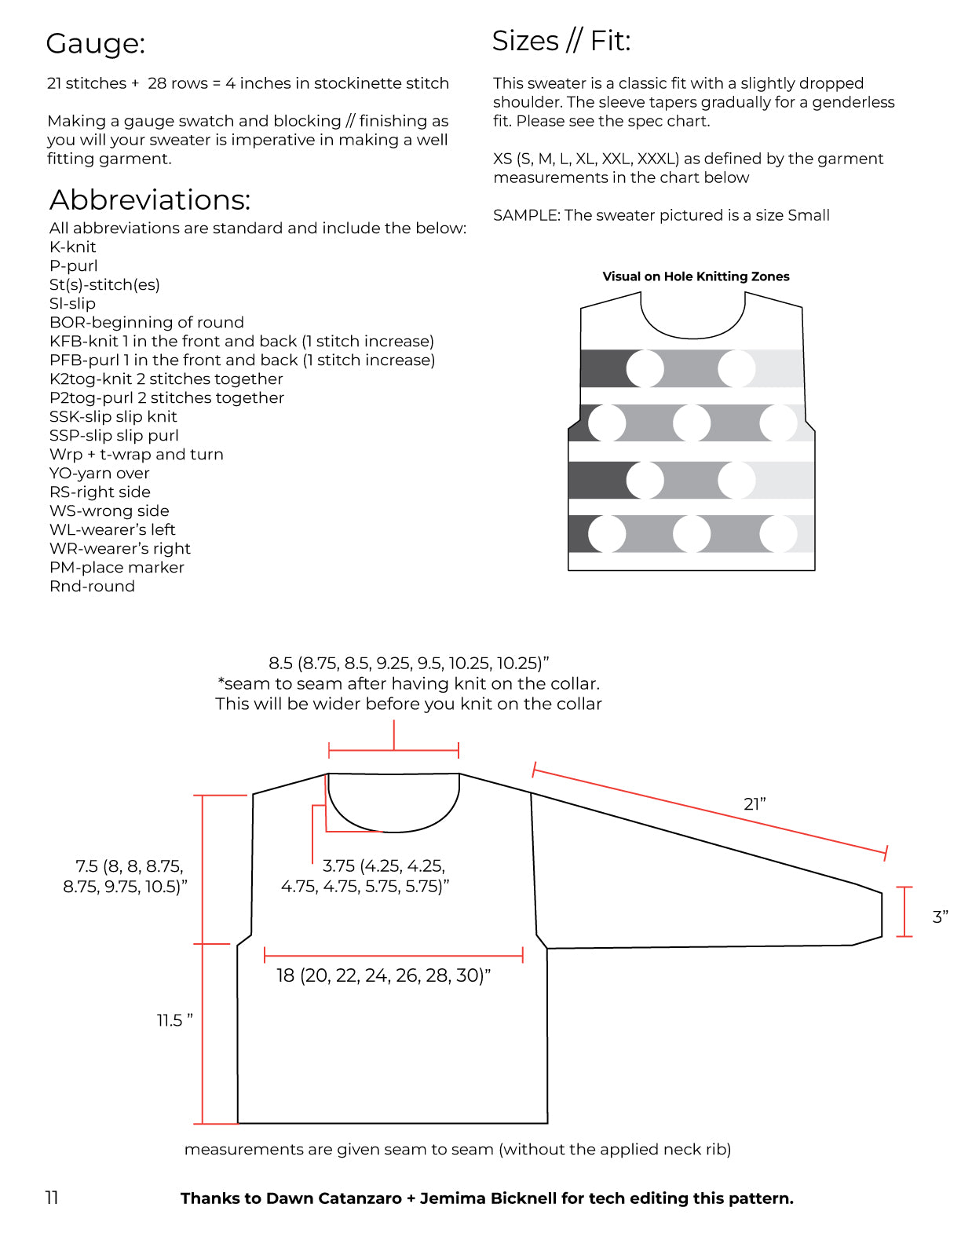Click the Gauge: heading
click(x=95, y=44)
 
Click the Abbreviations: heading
click(x=150, y=200)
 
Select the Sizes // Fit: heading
click(x=561, y=41)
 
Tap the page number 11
click(x=52, y=1197)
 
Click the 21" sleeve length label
click(x=754, y=803)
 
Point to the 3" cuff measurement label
click(x=940, y=917)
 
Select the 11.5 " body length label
click(x=174, y=1020)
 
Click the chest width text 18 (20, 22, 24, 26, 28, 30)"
click(x=383, y=975)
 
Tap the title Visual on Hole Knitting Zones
click(x=696, y=276)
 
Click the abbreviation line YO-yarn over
click(x=99, y=473)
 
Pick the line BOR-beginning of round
click(x=146, y=322)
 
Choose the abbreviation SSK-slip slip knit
click(x=113, y=416)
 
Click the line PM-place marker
click(x=116, y=567)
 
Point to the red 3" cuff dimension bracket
click(x=904, y=912)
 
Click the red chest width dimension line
click(x=393, y=955)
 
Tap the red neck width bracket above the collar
click(x=393, y=751)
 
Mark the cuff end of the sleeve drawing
click(x=881, y=914)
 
